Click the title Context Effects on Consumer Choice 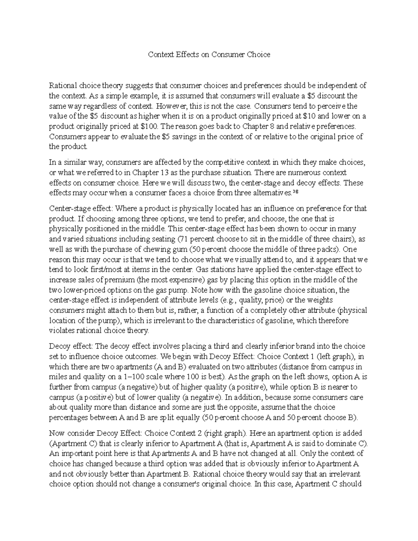point(209,55)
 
